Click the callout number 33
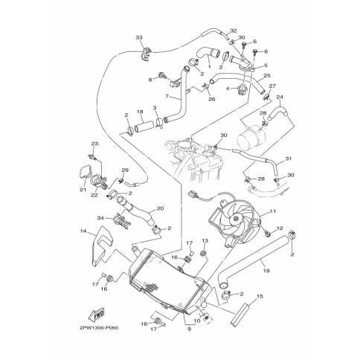point(138,37)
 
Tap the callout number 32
point(233,30)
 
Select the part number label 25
point(267,76)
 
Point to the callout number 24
point(279,97)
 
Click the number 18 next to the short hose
point(139,112)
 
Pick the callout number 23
point(94,143)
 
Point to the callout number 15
point(260,296)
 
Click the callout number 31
point(289,158)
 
